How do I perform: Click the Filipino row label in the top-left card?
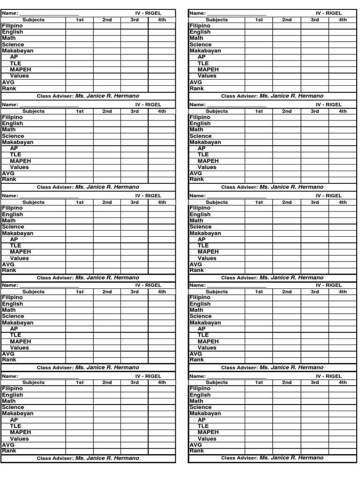coord(12,26)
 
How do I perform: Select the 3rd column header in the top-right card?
coord(315,20)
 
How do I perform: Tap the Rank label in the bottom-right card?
coord(196,450)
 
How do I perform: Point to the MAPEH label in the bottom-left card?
coord(20,432)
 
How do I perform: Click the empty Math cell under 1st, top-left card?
coord(80,38)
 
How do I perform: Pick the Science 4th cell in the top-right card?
coord(343,45)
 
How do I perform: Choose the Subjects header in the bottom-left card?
coord(33,382)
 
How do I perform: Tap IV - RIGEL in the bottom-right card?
coord(329,376)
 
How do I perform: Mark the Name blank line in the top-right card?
coord(236,14)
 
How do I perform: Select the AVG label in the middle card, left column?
coord(8,264)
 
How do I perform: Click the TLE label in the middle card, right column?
coord(203,246)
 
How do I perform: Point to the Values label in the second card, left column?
coord(19,167)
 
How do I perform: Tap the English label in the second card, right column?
coord(200,124)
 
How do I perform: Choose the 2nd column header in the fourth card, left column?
coord(107,292)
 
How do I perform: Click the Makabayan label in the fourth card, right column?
coord(205,323)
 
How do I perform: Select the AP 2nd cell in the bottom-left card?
coord(107,420)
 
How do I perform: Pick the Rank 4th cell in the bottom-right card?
coord(343,451)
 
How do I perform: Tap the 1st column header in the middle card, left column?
coord(80,202)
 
